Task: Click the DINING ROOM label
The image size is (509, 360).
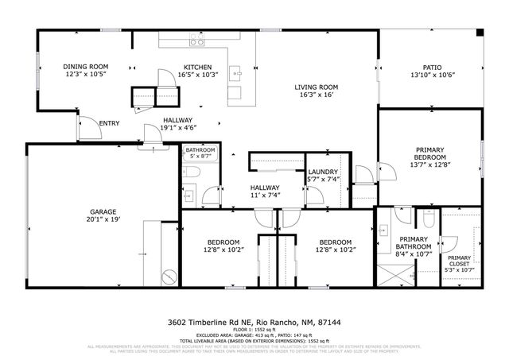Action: click(85, 67)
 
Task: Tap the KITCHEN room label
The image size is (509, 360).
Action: click(196, 67)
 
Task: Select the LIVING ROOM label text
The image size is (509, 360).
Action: click(316, 87)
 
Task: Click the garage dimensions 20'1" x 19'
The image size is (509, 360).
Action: click(104, 219)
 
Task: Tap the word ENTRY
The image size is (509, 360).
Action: click(108, 123)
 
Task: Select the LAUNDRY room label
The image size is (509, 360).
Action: click(323, 172)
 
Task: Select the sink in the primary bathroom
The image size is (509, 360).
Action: click(382, 230)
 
